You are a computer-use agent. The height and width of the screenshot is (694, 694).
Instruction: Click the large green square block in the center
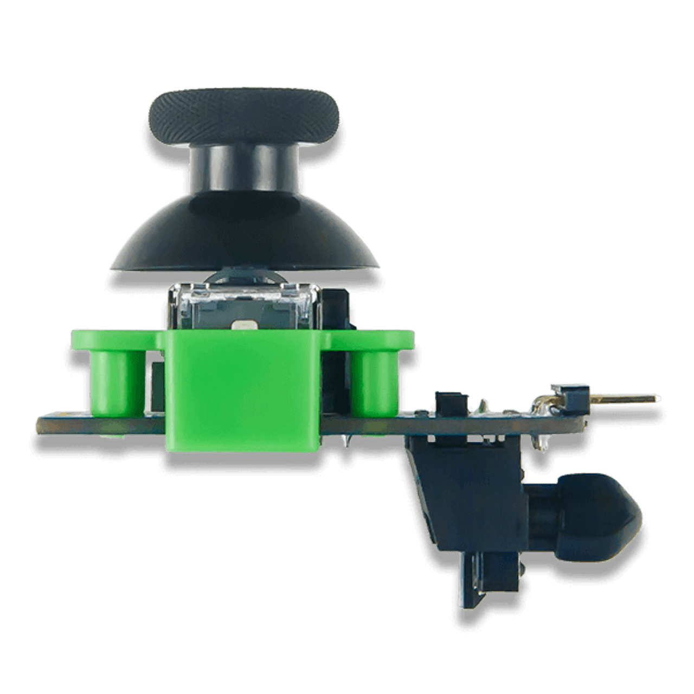(x=242, y=390)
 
